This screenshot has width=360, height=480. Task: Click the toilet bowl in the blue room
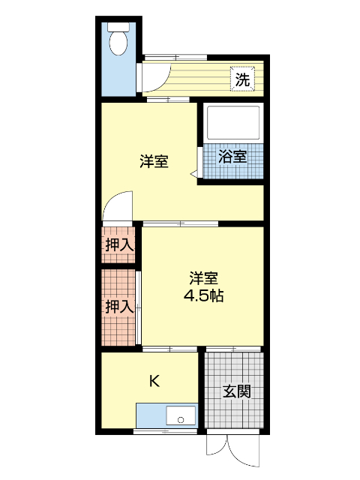(118, 43)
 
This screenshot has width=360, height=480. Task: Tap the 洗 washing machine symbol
(241, 78)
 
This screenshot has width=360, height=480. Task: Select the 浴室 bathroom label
(232, 157)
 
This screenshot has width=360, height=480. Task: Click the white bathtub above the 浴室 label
(232, 122)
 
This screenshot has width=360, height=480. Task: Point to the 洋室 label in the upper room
(154, 161)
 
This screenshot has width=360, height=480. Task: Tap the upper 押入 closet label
(119, 244)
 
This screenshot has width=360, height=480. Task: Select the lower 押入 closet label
(119, 306)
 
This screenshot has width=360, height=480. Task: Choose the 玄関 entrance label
(236, 391)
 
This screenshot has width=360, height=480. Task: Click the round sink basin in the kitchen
(179, 418)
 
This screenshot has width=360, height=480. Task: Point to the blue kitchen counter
(154, 415)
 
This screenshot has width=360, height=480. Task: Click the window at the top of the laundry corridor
(175, 57)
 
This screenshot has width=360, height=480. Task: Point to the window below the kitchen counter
(165, 432)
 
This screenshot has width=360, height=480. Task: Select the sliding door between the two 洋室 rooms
(180, 223)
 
